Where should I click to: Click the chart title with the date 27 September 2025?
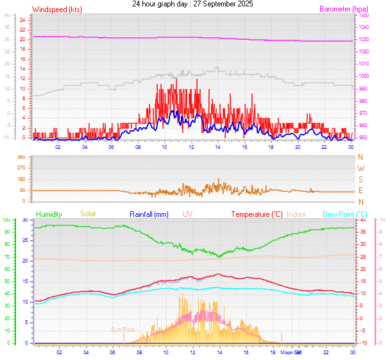pyautogui.click(x=192, y=4)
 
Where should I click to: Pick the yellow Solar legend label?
pyautogui.click(x=87, y=214)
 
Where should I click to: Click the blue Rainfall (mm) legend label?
pyautogui.click(x=149, y=214)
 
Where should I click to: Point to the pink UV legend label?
pyautogui.click(x=187, y=214)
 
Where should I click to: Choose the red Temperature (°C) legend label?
pyautogui.click(x=257, y=214)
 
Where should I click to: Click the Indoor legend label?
pyautogui.click(x=296, y=214)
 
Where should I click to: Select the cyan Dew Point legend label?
pyautogui.click(x=345, y=214)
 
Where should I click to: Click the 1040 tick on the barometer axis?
pyautogui.click(x=364, y=27)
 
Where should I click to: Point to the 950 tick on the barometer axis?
pyautogui.click(x=364, y=137)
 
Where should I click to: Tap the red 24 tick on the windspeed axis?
pyautogui.click(x=22, y=20)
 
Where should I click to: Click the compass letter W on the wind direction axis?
pyautogui.click(x=360, y=168)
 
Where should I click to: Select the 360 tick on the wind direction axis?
pyautogui.click(x=21, y=157)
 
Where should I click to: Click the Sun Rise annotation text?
pyautogui.click(x=123, y=329)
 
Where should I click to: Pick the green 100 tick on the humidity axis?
pyautogui.click(x=6, y=220)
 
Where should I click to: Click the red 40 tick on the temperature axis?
pyautogui.click(x=363, y=220)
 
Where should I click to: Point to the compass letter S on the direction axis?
pyautogui.click(x=360, y=180)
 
